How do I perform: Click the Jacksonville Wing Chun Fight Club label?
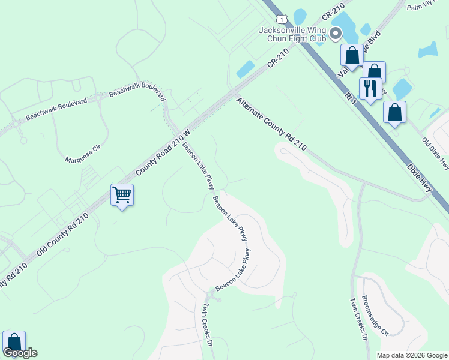[292, 34]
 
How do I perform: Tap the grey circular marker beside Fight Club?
[337, 39]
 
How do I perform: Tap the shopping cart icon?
[122, 194]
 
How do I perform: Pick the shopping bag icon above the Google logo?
[14, 342]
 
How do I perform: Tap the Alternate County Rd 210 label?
[271, 124]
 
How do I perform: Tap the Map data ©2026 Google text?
[411, 355]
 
